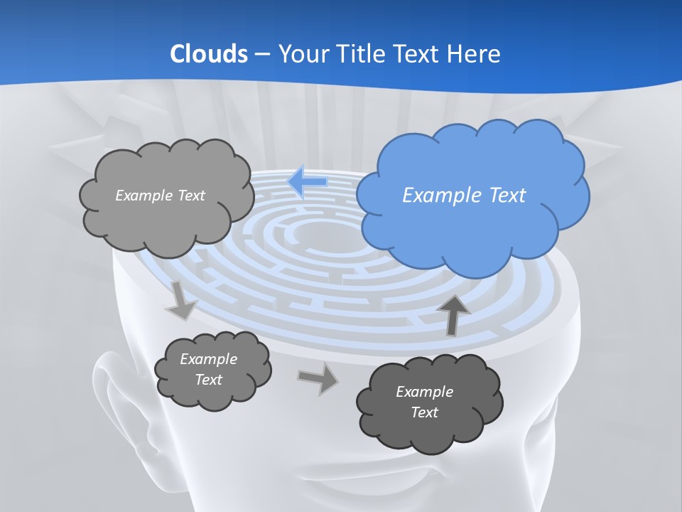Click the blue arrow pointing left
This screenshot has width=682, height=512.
click(x=307, y=182)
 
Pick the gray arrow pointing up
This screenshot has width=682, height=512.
click(x=454, y=314)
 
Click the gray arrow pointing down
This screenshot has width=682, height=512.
click(x=182, y=301)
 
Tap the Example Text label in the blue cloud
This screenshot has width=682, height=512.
click(x=464, y=195)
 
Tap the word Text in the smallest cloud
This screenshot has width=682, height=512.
click(x=209, y=380)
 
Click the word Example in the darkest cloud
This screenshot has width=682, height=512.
click(x=424, y=392)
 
